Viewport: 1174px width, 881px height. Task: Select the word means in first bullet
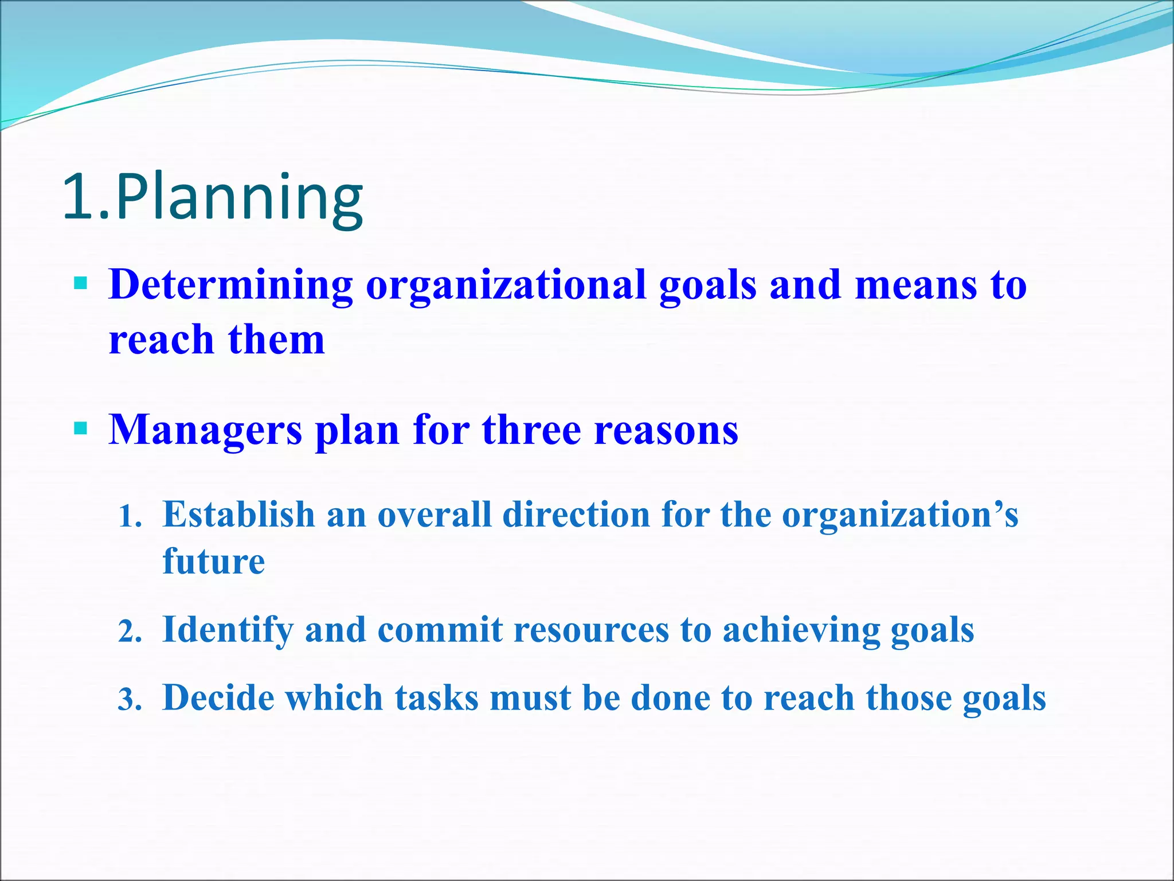click(x=915, y=285)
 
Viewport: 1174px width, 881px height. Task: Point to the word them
click(x=276, y=340)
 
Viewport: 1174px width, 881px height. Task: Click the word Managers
click(x=205, y=430)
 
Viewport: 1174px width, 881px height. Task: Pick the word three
click(x=531, y=430)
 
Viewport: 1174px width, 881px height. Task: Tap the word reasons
click(x=666, y=430)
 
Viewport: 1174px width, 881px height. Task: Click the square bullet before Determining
click(x=81, y=283)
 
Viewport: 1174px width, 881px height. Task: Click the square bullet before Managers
click(x=81, y=428)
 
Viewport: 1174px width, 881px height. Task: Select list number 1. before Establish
click(x=130, y=516)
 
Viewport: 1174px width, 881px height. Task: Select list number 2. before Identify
click(x=130, y=631)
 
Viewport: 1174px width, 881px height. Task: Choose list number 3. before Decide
click(x=130, y=700)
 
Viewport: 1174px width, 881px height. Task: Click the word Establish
click(x=238, y=514)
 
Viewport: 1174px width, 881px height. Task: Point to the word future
click(x=214, y=561)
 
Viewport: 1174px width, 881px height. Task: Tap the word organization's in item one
click(x=900, y=515)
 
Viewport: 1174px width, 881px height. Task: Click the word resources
click(x=591, y=630)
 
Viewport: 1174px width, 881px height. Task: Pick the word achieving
click(x=800, y=630)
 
